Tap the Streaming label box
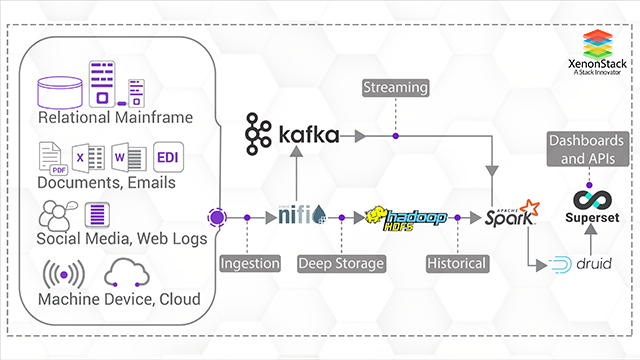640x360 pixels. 396,89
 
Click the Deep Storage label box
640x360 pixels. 341,264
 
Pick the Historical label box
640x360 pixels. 456,264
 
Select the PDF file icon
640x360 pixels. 51,158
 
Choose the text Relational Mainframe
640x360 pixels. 116,118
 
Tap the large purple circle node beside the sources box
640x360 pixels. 216,216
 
